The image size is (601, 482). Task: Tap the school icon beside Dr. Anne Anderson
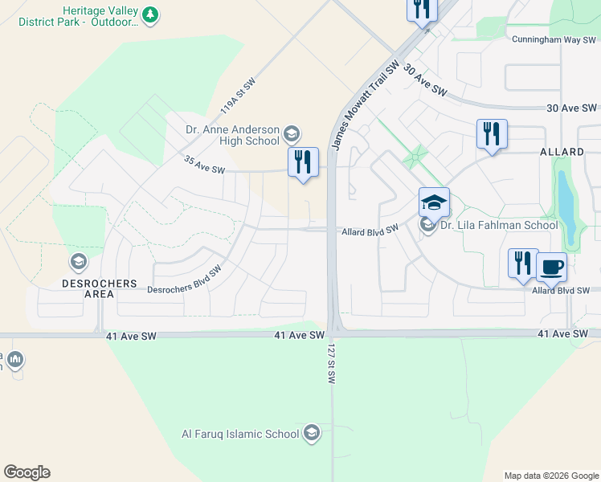click(292, 133)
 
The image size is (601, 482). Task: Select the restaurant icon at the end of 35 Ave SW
click(303, 161)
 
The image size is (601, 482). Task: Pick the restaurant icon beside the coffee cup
click(522, 263)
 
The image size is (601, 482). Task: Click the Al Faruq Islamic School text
click(240, 435)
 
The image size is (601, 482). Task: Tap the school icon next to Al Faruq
click(311, 435)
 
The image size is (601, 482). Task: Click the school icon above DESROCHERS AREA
click(79, 261)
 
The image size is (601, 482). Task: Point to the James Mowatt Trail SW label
click(365, 104)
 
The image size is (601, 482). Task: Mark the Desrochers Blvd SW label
click(184, 280)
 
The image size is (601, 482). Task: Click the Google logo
click(27, 472)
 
